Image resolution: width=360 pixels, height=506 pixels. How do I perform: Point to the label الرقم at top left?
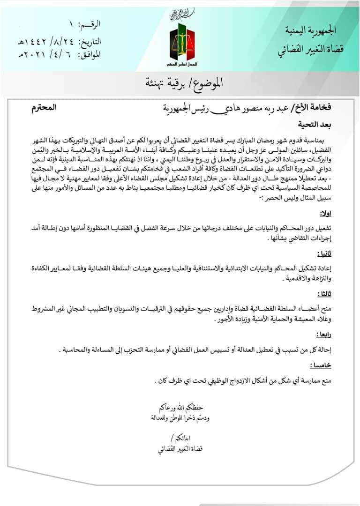point(91,24)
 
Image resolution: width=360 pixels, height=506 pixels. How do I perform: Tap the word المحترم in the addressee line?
point(43,108)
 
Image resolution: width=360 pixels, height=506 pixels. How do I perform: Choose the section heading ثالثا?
point(323,294)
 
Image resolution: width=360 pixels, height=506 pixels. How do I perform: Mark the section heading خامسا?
point(321,365)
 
